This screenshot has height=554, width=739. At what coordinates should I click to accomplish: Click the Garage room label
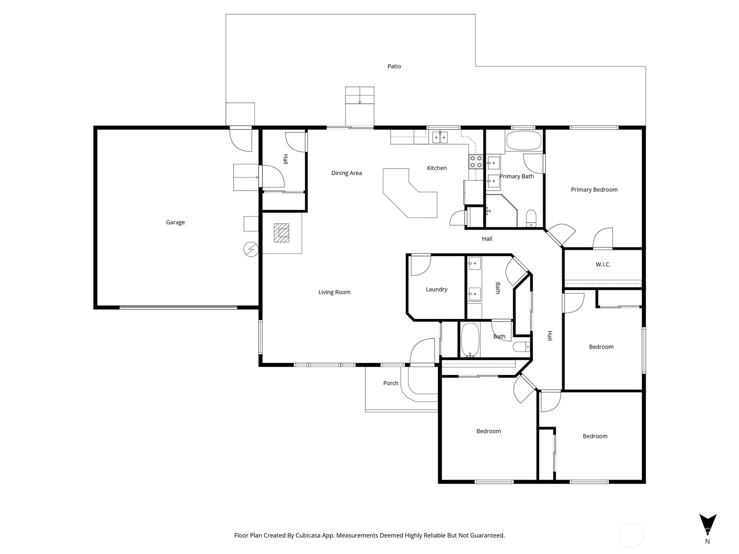coord(175,223)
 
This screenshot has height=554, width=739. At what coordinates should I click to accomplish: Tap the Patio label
coord(394,66)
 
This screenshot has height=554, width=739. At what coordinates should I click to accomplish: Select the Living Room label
coord(334,292)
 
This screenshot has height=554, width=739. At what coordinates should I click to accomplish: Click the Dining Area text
coord(346,173)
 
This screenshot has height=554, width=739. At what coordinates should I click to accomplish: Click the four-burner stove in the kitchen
coord(476,162)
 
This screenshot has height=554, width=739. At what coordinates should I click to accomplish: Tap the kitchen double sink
coord(440,137)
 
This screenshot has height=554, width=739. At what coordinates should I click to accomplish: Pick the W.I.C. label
coord(603,265)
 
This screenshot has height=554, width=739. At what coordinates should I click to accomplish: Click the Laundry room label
coord(436,289)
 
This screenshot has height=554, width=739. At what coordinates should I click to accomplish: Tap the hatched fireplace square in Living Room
coord(281,233)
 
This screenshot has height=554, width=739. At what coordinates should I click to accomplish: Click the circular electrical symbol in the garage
coord(251,250)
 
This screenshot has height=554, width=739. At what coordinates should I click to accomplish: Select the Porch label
coord(391,383)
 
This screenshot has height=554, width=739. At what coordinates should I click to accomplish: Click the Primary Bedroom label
coord(594,190)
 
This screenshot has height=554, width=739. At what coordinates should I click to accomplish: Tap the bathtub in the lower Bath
coord(470,340)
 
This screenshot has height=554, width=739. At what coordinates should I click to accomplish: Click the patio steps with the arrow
coord(360,96)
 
